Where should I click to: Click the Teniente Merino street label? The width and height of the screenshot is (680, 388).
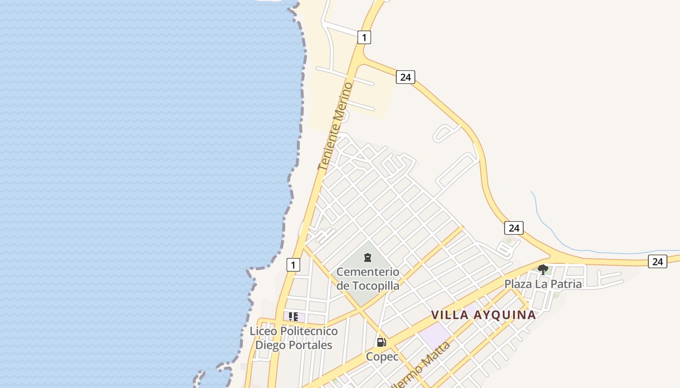point(335,126)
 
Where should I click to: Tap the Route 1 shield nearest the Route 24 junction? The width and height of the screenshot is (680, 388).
point(364,37)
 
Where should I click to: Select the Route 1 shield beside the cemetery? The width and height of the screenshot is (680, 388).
point(293,265)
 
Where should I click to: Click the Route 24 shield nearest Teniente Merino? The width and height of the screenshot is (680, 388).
point(405,77)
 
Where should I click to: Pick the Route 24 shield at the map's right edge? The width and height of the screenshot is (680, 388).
point(657,261)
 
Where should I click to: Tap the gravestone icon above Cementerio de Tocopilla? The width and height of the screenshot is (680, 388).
point(368,257)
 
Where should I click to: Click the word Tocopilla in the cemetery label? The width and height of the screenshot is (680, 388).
point(374,286)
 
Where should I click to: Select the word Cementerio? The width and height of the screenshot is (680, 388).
point(368,272)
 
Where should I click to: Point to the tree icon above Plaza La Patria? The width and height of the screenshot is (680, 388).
point(543,269)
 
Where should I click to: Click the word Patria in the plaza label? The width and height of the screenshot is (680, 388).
point(565,284)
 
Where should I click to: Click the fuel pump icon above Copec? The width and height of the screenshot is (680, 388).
point(382,342)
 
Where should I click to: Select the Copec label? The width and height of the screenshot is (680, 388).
point(382,356)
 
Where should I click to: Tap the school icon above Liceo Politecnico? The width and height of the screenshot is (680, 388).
point(293,317)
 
